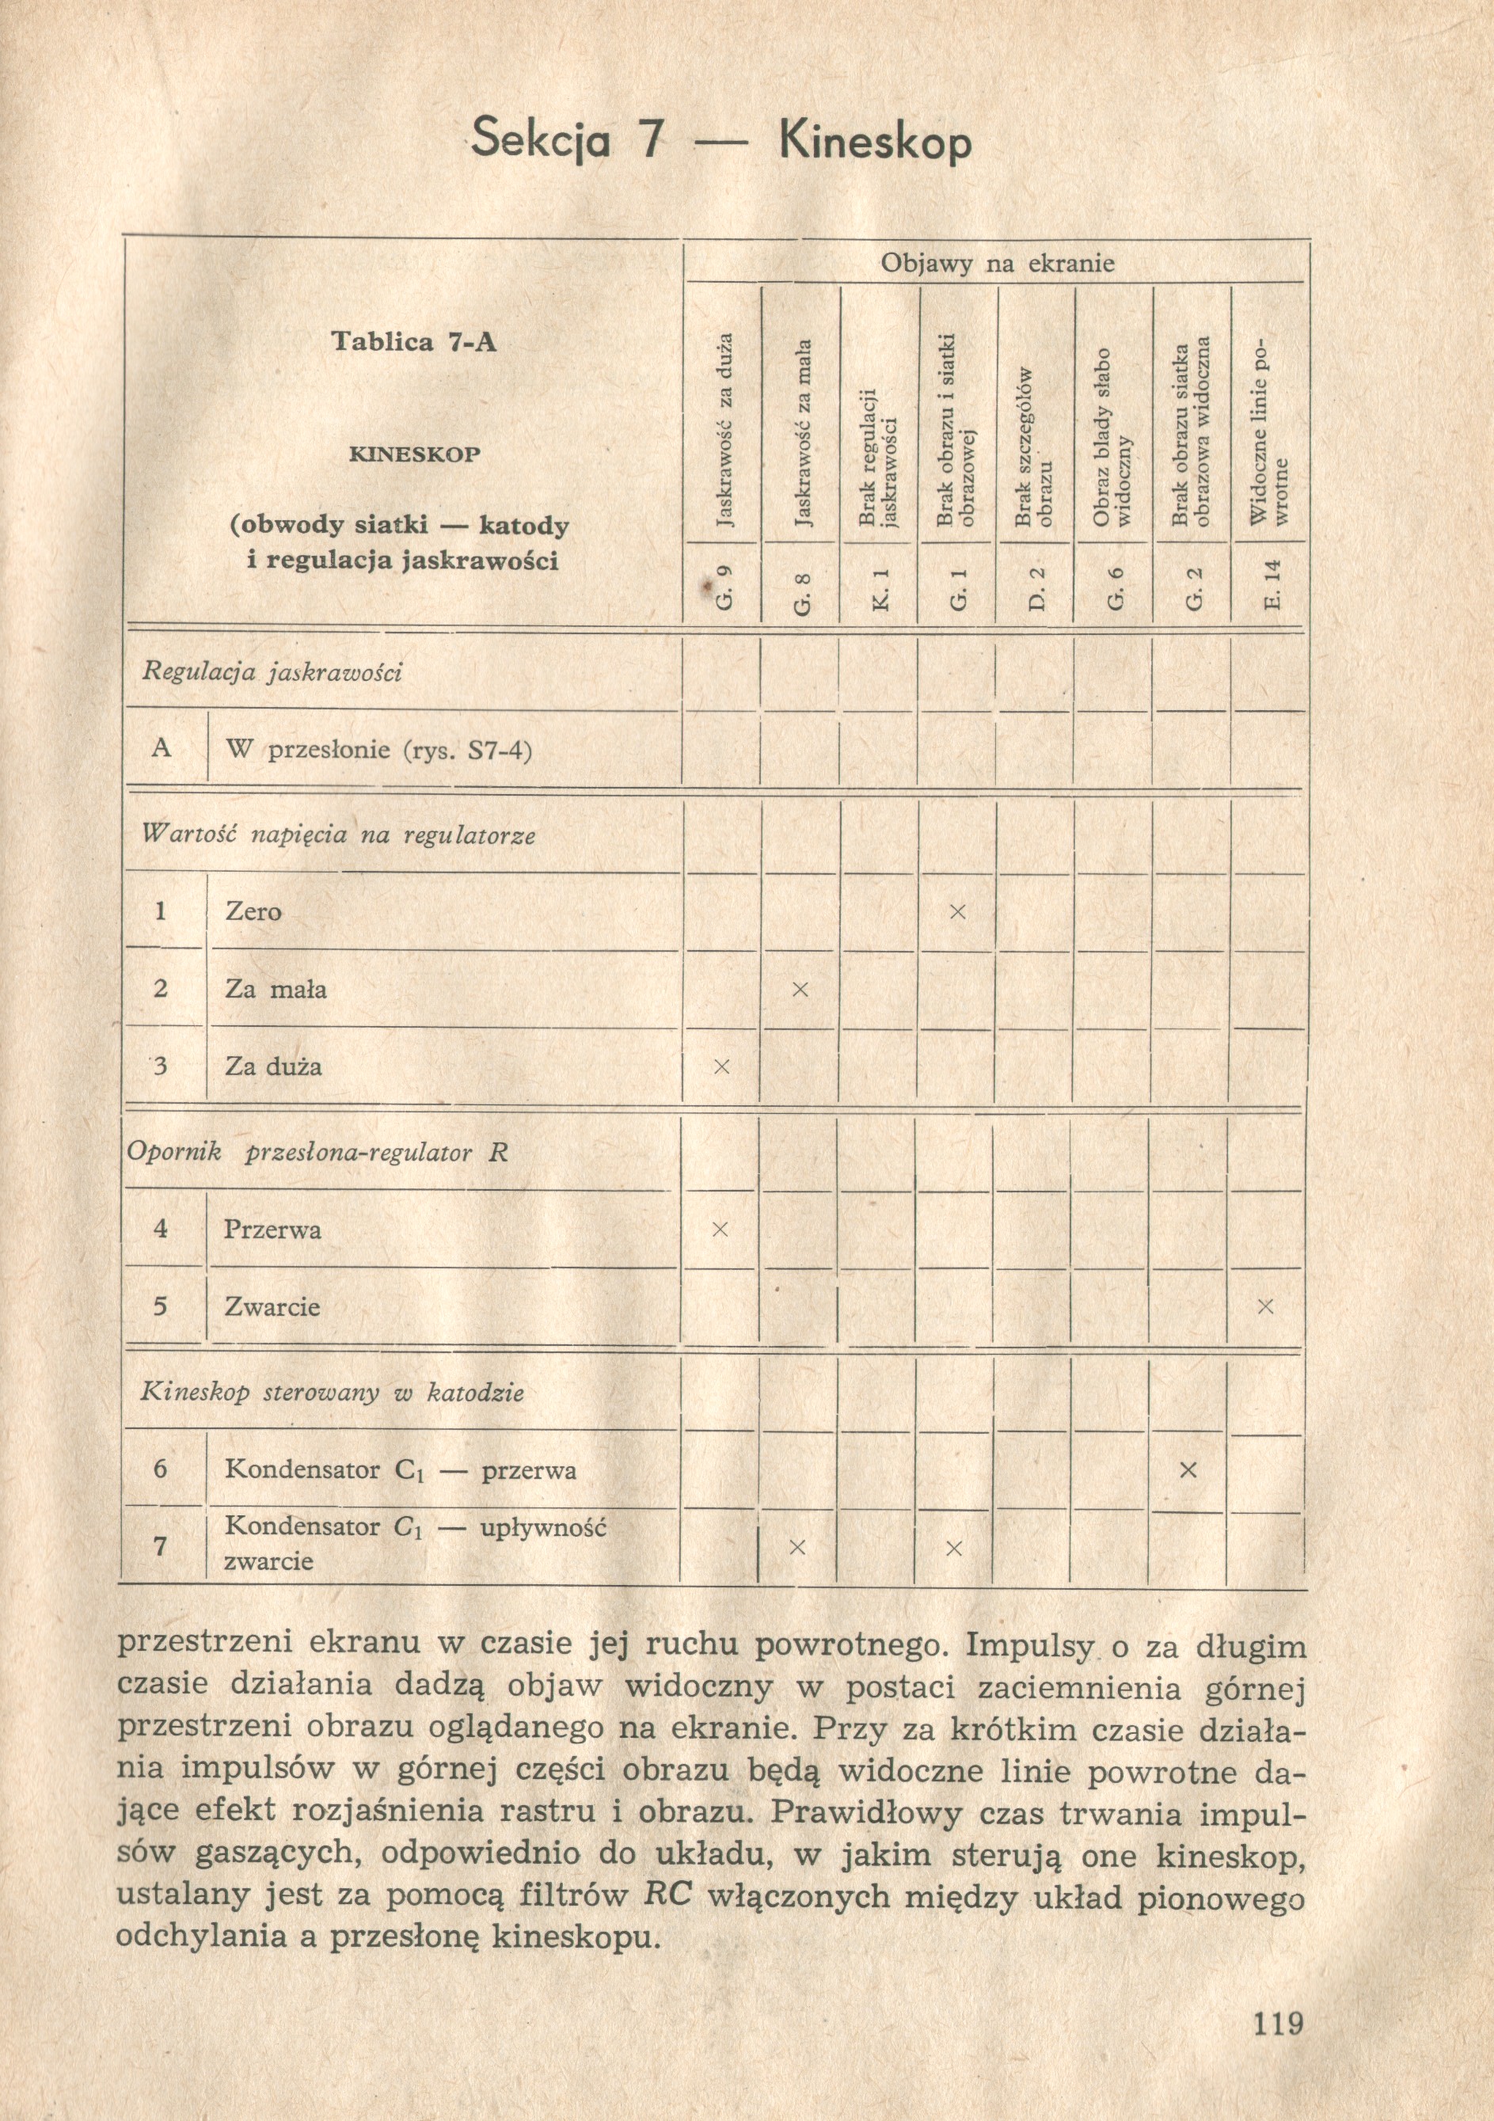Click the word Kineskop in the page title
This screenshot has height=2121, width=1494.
[875, 143]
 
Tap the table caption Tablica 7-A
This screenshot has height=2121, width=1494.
[414, 343]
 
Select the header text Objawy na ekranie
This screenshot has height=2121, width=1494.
[997, 264]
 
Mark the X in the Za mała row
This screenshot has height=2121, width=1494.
[800, 990]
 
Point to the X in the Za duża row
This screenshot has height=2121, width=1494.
[721, 1067]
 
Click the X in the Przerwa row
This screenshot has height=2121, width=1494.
[720, 1230]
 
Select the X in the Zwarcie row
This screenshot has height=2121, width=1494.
[1265, 1306]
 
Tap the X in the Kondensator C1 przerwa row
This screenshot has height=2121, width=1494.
[1188, 1469]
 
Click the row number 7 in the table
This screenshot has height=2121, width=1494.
[160, 1545]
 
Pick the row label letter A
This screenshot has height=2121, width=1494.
[162, 747]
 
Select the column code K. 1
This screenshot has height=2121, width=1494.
[880, 588]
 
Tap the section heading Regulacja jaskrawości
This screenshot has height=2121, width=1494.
[272, 672]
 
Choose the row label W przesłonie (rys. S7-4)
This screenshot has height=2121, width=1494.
[378, 749]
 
